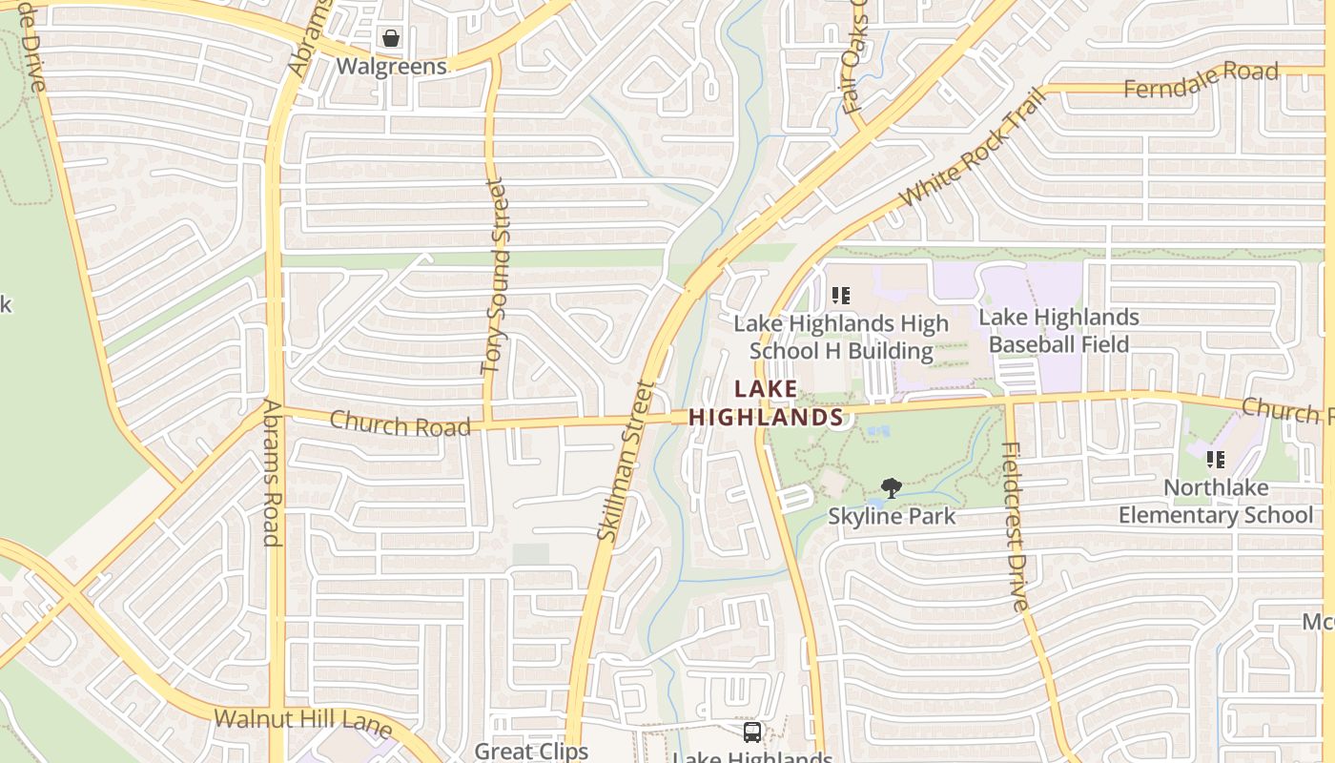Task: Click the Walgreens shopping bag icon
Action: (x=391, y=38)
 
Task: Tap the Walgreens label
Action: (x=391, y=67)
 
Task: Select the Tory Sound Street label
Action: (x=494, y=277)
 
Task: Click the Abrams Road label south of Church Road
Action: (x=272, y=473)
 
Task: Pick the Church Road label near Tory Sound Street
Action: (x=400, y=423)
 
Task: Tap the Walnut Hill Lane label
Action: (x=302, y=723)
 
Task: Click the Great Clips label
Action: (x=531, y=751)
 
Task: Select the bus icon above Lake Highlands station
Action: (x=752, y=732)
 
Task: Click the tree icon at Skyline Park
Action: (x=892, y=489)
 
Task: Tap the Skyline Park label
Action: (x=892, y=517)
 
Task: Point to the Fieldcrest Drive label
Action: (x=1017, y=526)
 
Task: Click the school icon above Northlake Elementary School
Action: (x=1216, y=460)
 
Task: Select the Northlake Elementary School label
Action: (x=1216, y=502)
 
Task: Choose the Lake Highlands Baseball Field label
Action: (x=1058, y=330)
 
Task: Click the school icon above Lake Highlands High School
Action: (x=840, y=296)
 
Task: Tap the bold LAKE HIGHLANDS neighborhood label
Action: (x=766, y=403)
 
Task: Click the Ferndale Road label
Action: (x=1201, y=80)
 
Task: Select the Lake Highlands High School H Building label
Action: (x=841, y=338)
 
